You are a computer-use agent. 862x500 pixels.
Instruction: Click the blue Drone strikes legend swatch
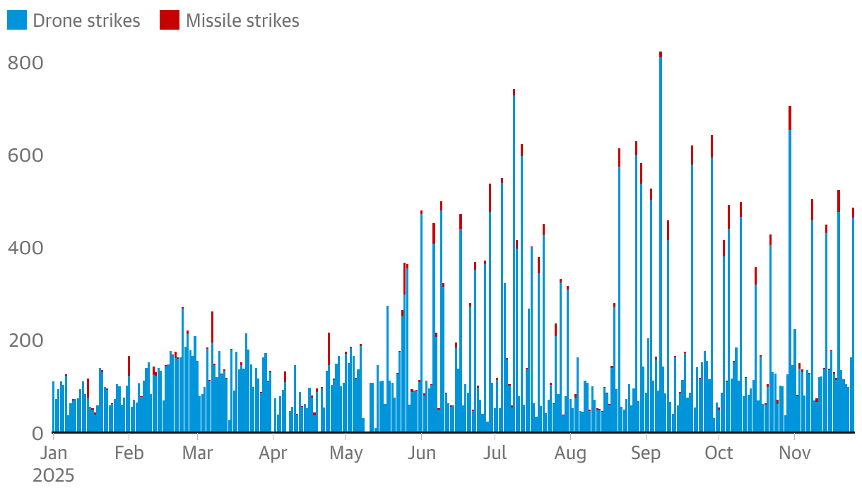pyautogui.click(x=18, y=20)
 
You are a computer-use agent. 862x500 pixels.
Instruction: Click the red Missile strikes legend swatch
pyautogui.click(x=170, y=20)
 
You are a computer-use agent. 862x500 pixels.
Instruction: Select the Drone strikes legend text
pyautogui.click(x=86, y=21)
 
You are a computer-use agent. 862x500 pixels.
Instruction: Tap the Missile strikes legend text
pyautogui.click(x=242, y=21)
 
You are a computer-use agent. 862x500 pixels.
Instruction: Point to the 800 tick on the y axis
pyautogui.click(x=25, y=64)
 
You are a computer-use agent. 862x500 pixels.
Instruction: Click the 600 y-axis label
pyautogui.click(x=25, y=156)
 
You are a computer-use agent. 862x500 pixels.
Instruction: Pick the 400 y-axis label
pyautogui.click(x=25, y=249)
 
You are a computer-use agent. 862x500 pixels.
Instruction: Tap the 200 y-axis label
pyautogui.click(x=25, y=341)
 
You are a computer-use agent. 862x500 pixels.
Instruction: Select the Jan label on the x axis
pyautogui.click(x=53, y=453)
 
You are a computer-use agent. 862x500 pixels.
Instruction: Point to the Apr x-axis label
pyautogui.click(x=273, y=453)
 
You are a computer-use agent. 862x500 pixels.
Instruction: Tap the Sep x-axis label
pyautogui.click(x=645, y=453)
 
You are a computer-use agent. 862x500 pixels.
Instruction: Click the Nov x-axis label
pyautogui.click(x=794, y=453)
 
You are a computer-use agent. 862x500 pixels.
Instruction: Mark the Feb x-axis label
pyautogui.click(x=129, y=453)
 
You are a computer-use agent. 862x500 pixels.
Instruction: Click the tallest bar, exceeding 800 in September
pyautogui.click(x=661, y=240)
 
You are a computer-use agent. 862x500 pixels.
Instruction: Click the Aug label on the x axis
pyautogui.click(x=570, y=453)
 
